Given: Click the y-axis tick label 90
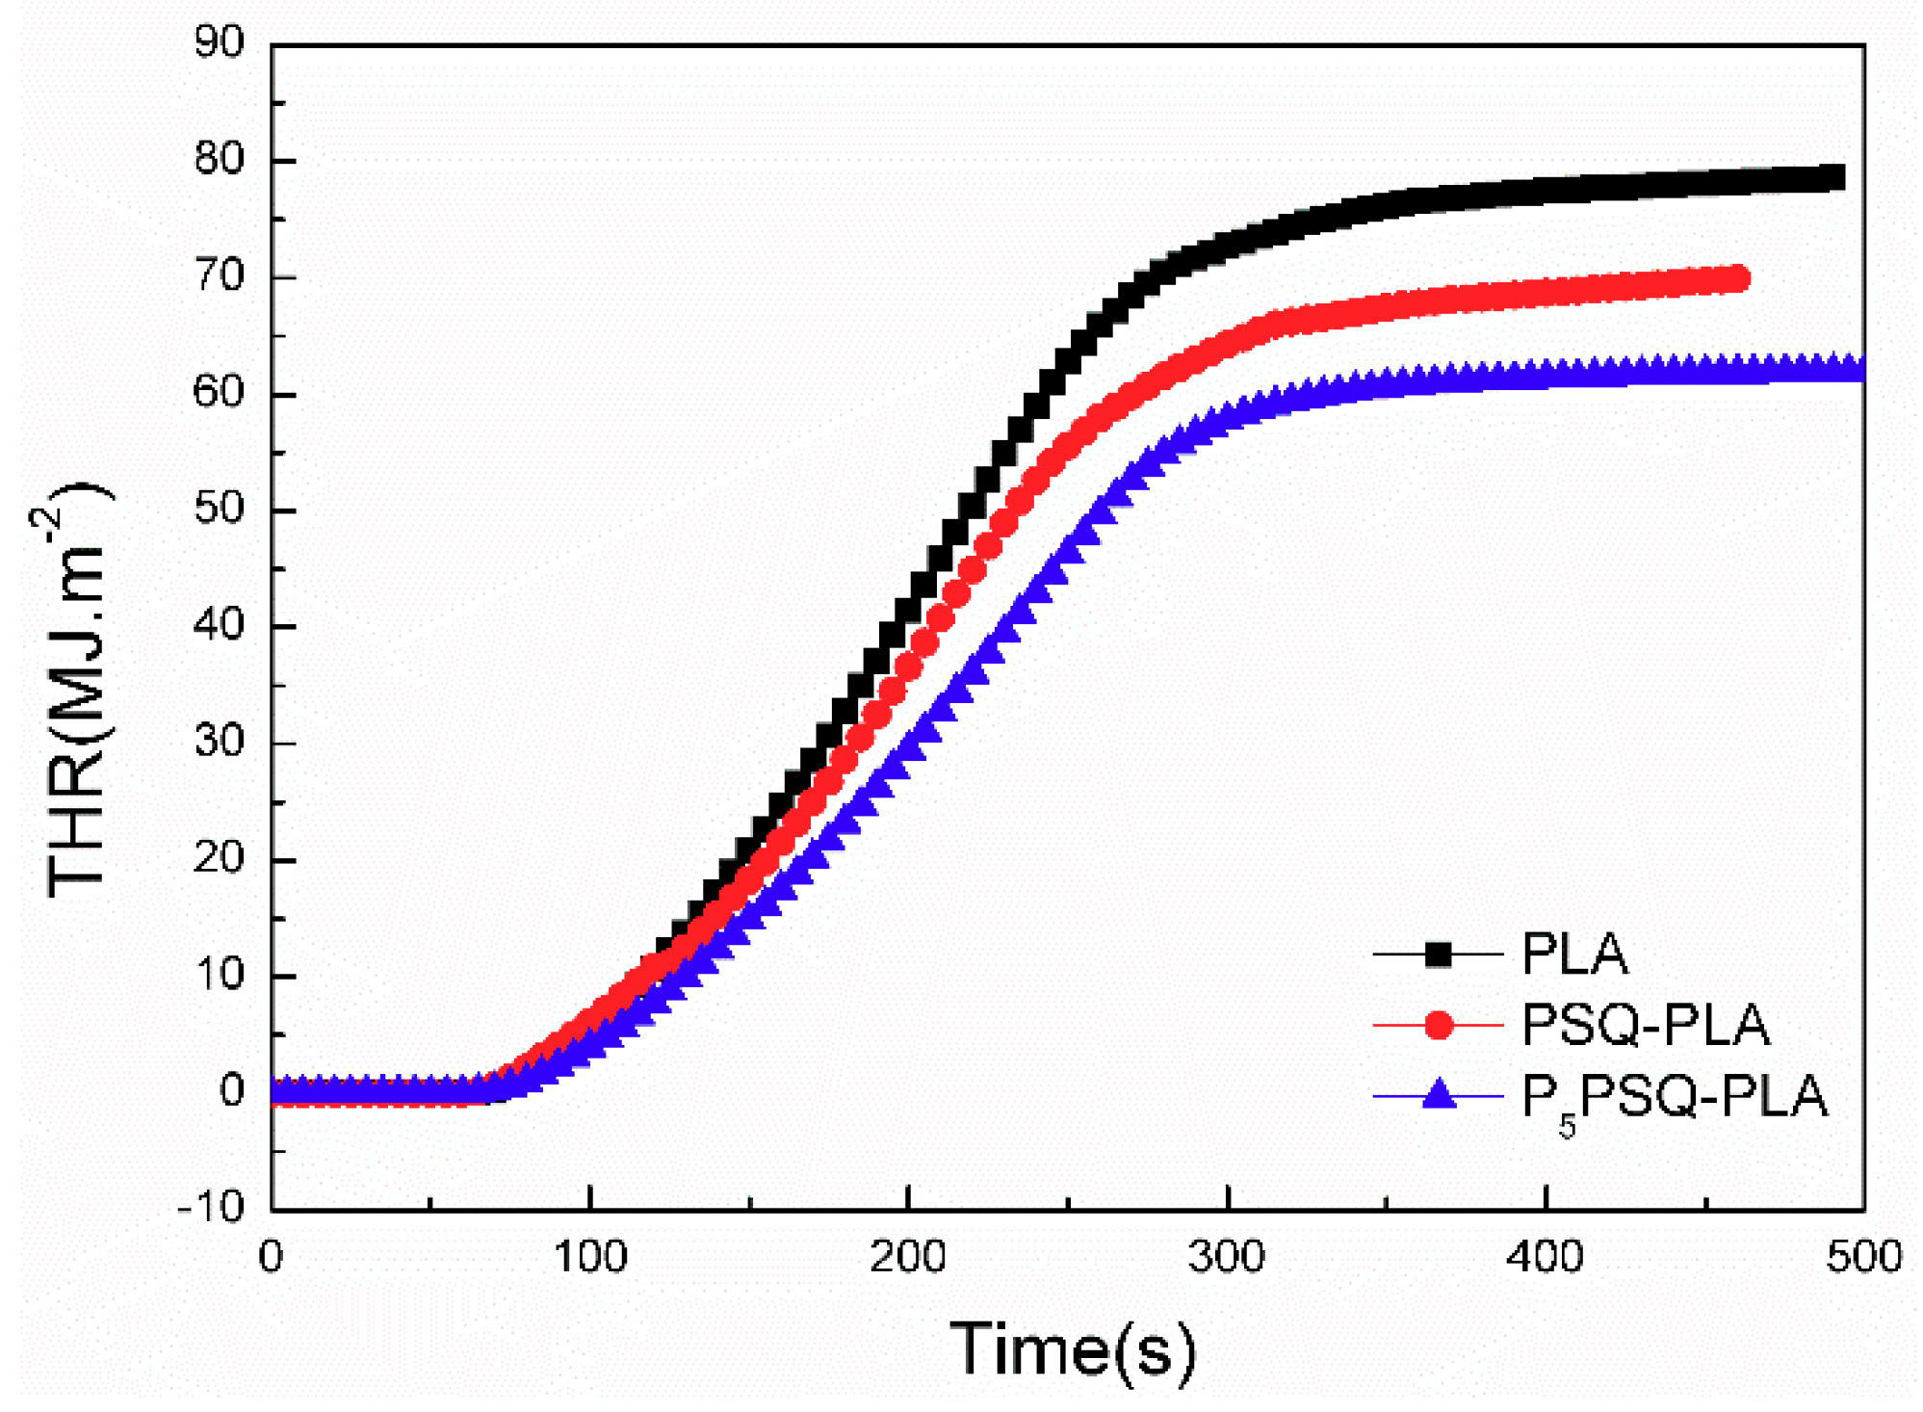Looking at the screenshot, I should tap(220, 42).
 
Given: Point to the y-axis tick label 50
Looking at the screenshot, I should tap(220, 509).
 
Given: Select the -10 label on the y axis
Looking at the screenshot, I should tap(211, 1207).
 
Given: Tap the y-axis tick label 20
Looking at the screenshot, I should tap(220, 858).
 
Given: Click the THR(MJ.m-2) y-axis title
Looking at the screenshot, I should tap(77, 689).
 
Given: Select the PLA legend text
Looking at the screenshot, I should tap(1574, 954).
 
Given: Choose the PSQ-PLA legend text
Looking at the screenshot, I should tap(1646, 1025).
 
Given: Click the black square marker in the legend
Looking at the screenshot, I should tap(1438, 954).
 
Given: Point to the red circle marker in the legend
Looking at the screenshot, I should tap(1438, 1026).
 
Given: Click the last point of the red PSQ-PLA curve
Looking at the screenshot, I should tap(1737, 279).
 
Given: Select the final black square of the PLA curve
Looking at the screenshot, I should tap(1832, 177).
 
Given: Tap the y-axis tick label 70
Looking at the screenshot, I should tap(220, 276).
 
